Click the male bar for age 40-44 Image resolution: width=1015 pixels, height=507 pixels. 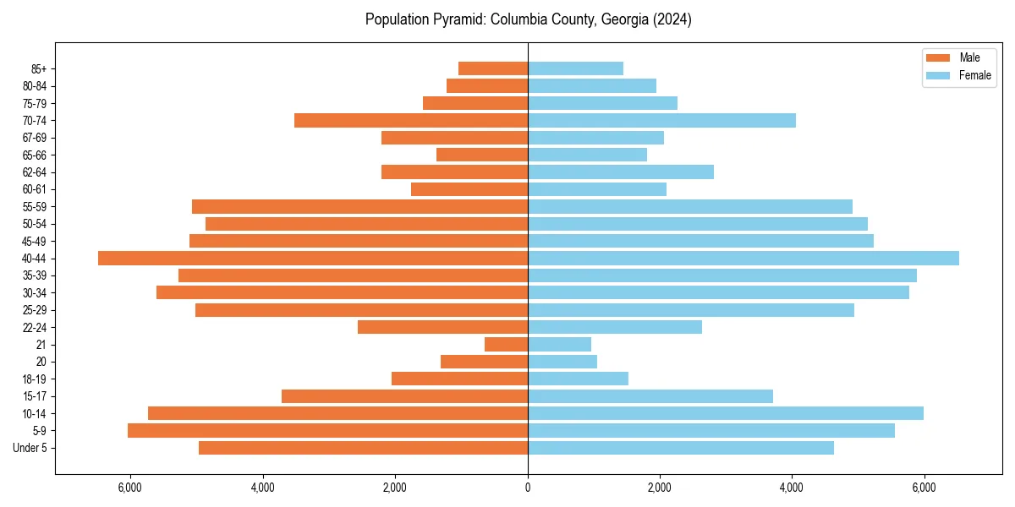tap(313, 259)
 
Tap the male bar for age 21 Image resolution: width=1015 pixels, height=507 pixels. tap(506, 345)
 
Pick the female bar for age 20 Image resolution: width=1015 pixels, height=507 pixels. tap(562, 362)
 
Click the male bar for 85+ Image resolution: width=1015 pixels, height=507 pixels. tap(493, 68)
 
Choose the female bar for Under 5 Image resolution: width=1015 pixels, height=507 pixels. tap(681, 448)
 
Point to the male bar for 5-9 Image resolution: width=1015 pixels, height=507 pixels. tap(327, 431)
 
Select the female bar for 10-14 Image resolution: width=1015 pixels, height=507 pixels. tap(726, 413)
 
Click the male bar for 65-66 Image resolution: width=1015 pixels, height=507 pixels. tap(482, 155)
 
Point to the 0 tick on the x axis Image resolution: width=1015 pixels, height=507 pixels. tap(528, 488)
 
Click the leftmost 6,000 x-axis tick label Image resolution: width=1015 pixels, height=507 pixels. tap(130, 488)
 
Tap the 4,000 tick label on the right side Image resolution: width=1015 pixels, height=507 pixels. tap(792, 488)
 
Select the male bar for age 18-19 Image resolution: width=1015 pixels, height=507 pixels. tap(459, 379)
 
